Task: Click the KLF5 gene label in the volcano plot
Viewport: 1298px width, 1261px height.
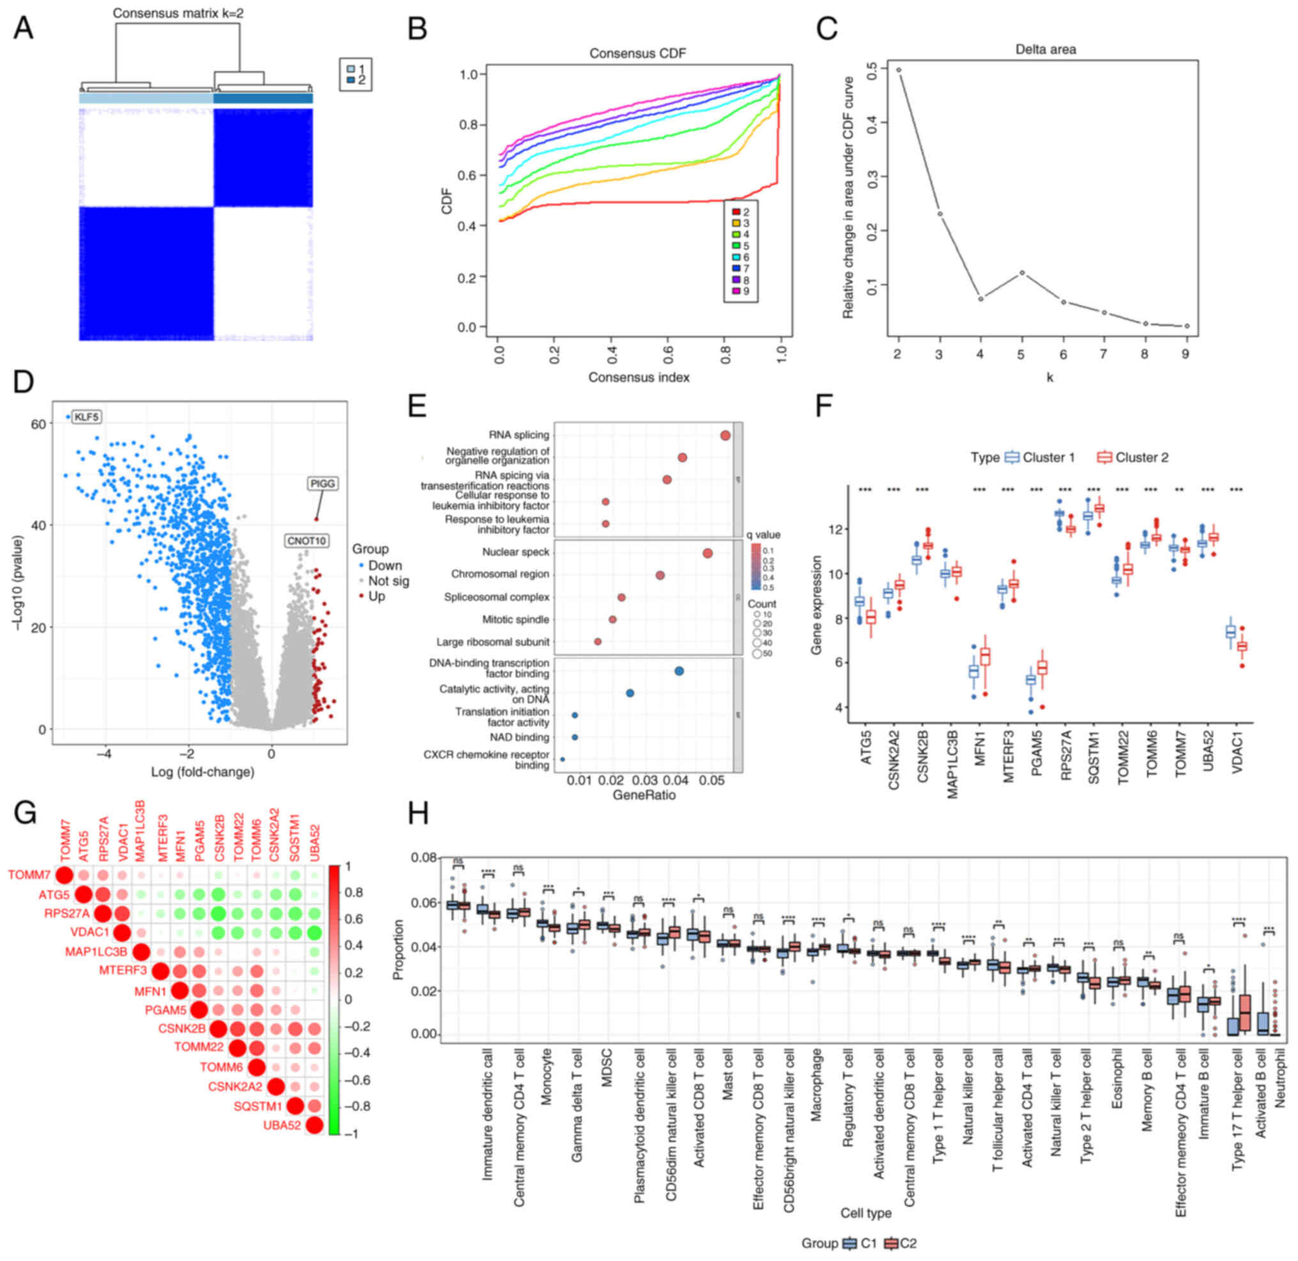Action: (x=87, y=417)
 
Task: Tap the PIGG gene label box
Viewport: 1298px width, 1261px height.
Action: (x=323, y=484)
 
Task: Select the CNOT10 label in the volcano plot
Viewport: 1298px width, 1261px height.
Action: (x=307, y=541)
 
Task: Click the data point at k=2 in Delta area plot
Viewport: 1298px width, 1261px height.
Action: (x=898, y=70)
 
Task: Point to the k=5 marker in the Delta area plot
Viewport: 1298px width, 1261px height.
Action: (x=1022, y=273)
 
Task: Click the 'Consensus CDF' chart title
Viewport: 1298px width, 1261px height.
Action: (x=638, y=54)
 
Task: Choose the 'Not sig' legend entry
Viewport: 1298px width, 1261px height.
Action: (x=388, y=581)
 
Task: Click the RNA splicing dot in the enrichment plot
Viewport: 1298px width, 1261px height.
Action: (x=724, y=435)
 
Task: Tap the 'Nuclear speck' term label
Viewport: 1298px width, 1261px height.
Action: (x=515, y=552)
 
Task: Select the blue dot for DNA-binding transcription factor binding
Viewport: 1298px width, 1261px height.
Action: (x=679, y=671)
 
